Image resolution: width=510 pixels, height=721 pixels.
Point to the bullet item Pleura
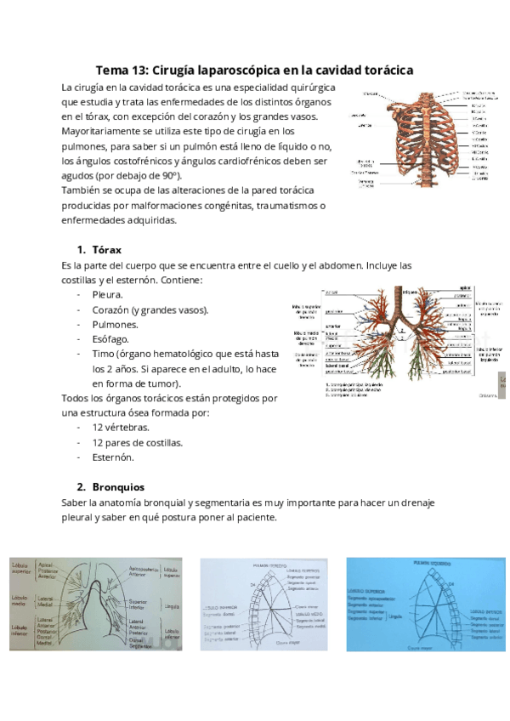107,294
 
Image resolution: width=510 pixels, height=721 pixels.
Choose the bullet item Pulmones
116,324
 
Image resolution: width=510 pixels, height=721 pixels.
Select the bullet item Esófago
110,338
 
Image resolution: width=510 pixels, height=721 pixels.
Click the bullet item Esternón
114,457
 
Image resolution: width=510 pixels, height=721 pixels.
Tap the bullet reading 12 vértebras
121,428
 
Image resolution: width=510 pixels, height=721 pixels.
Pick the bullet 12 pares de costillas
138,442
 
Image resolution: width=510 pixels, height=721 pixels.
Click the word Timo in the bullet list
103,354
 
